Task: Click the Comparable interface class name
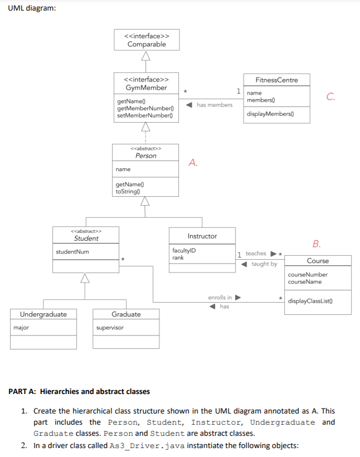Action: [147, 45]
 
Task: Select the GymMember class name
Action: [146, 88]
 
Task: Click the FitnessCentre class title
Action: [276, 80]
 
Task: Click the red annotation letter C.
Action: [331, 96]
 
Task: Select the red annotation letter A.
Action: [193, 163]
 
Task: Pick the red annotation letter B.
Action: [317, 244]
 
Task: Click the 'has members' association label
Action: [215, 105]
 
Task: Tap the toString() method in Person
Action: [127, 191]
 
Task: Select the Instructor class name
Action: [202, 236]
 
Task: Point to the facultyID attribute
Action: [184, 251]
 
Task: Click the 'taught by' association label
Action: [264, 264]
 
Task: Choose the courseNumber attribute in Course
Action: [308, 275]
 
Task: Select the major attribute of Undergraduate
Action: [21, 328]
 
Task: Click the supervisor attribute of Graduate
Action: [110, 328]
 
